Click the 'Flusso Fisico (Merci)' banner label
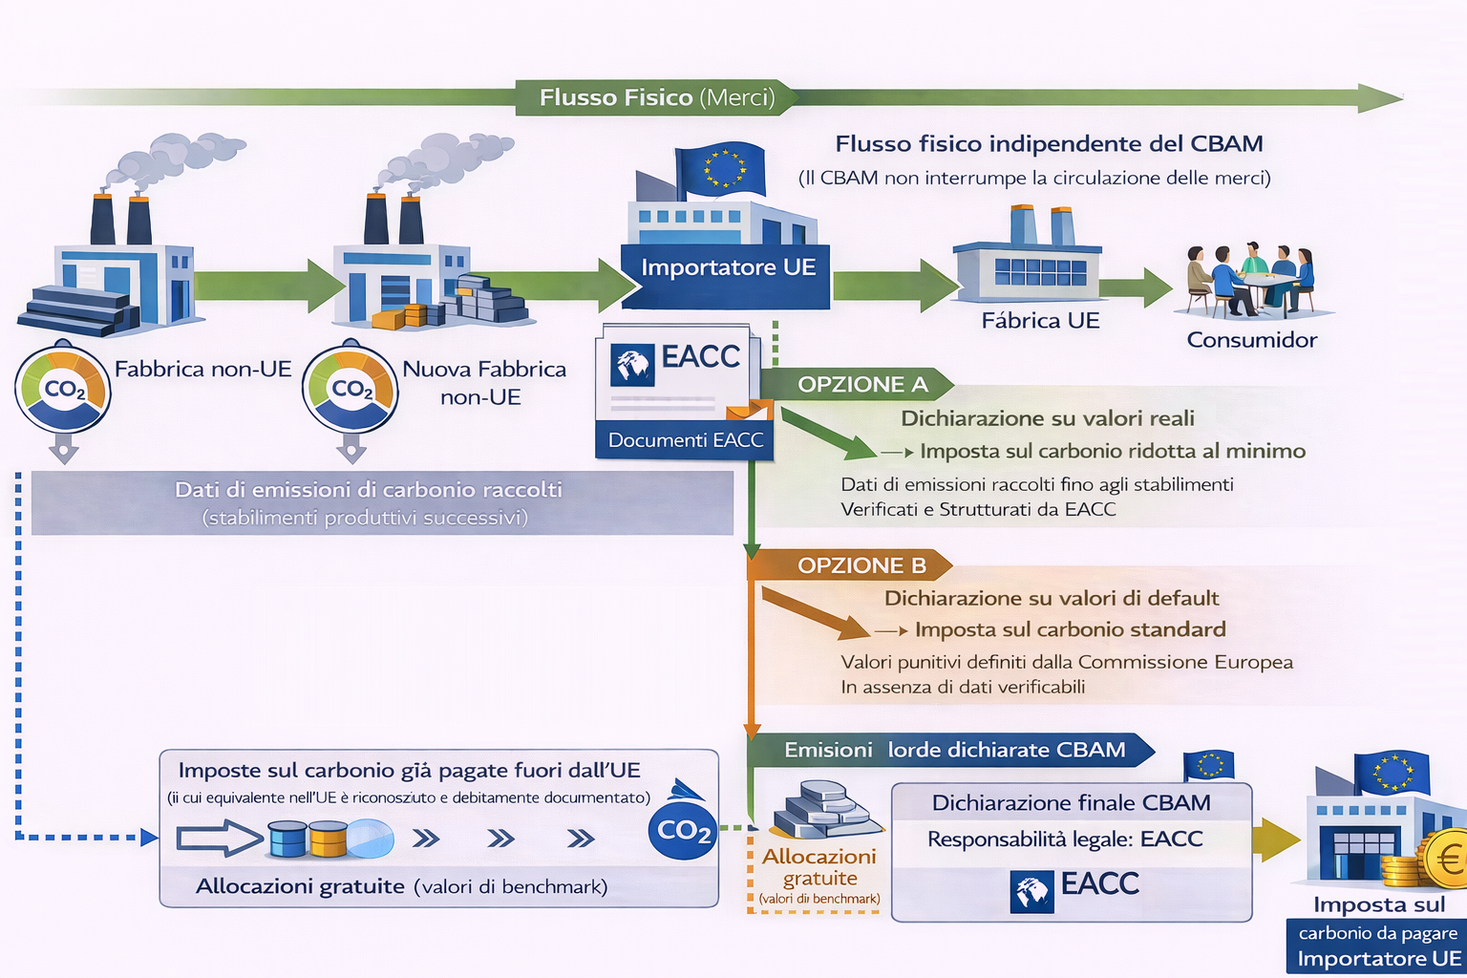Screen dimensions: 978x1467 point(656,97)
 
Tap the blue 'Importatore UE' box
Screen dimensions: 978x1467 point(728,268)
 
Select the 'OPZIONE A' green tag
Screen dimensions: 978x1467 point(862,384)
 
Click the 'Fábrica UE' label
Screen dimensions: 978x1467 point(1040,321)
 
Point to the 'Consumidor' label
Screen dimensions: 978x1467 point(1251,340)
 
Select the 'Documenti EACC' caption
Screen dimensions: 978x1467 point(686,440)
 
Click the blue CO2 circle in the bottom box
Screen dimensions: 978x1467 point(683,831)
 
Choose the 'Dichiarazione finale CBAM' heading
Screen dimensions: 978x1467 point(1071,803)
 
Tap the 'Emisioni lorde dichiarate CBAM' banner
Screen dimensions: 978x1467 point(954,751)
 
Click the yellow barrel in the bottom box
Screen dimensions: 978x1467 point(328,839)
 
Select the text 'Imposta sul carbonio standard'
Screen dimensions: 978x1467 point(1070,629)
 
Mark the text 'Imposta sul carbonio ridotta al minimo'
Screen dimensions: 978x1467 point(1112,451)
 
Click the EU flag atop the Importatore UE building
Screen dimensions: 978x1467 point(722,168)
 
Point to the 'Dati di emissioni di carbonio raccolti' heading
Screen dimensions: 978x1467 point(368,490)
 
